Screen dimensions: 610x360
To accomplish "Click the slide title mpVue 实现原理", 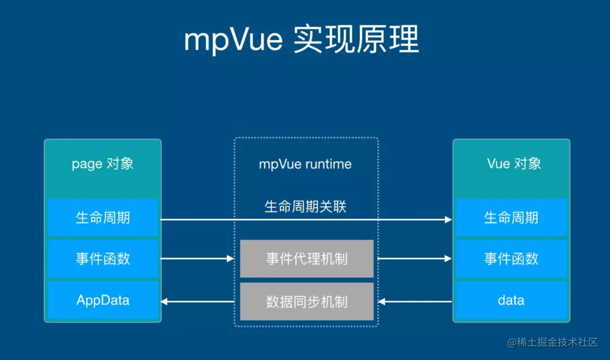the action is pyautogui.click(x=302, y=39).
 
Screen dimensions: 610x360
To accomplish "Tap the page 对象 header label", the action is pyautogui.click(x=103, y=164).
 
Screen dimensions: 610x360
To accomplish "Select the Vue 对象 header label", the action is pyautogui.click(x=514, y=163).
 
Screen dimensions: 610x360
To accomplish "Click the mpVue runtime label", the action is pyautogui.click(x=306, y=164).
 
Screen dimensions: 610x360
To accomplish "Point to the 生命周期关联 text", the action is pyautogui.click(x=306, y=206).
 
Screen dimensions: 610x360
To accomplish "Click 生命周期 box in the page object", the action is pyautogui.click(x=103, y=218).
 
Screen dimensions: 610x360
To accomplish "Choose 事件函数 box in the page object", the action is pyautogui.click(x=103, y=258).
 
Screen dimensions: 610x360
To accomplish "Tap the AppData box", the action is pyautogui.click(x=103, y=300).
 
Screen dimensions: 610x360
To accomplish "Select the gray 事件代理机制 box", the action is pyautogui.click(x=307, y=258).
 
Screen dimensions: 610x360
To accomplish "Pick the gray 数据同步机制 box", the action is pyautogui.click(x=307, y=302).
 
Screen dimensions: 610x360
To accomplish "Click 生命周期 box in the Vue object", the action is pyautogui.click(x=511, y=218).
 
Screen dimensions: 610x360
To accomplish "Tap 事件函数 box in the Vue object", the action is pyautogui.click(x=511, y=258).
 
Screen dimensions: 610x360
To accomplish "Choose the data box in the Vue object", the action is pyautogui.click(x=511, y=300).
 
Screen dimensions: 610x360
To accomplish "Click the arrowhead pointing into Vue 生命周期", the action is pyautogui.click(x=448, y=219).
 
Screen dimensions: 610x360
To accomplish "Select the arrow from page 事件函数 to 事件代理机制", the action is pyautogui.click(x=197, y=258).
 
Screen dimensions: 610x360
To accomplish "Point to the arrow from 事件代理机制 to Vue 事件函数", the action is pyautogui.click(x=415, y=258).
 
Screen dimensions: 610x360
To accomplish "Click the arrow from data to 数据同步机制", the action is pyautogui.click(x=415, y=302).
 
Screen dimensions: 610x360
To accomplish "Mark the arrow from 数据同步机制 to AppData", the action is pyautogui.click(x=198, y=302).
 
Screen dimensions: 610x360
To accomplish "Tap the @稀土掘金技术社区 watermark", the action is pyautogui.click(x=552, y=342).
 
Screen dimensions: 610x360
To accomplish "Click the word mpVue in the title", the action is pyautogui.click(x=233, y=40).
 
